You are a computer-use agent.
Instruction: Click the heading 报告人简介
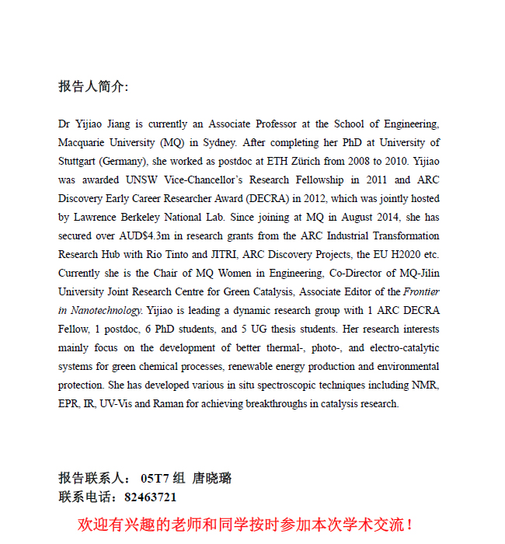click(x=92, y=86)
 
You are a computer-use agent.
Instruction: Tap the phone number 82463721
click(x=150, y=497)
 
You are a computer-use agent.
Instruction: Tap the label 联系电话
click(x=85, y=497)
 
